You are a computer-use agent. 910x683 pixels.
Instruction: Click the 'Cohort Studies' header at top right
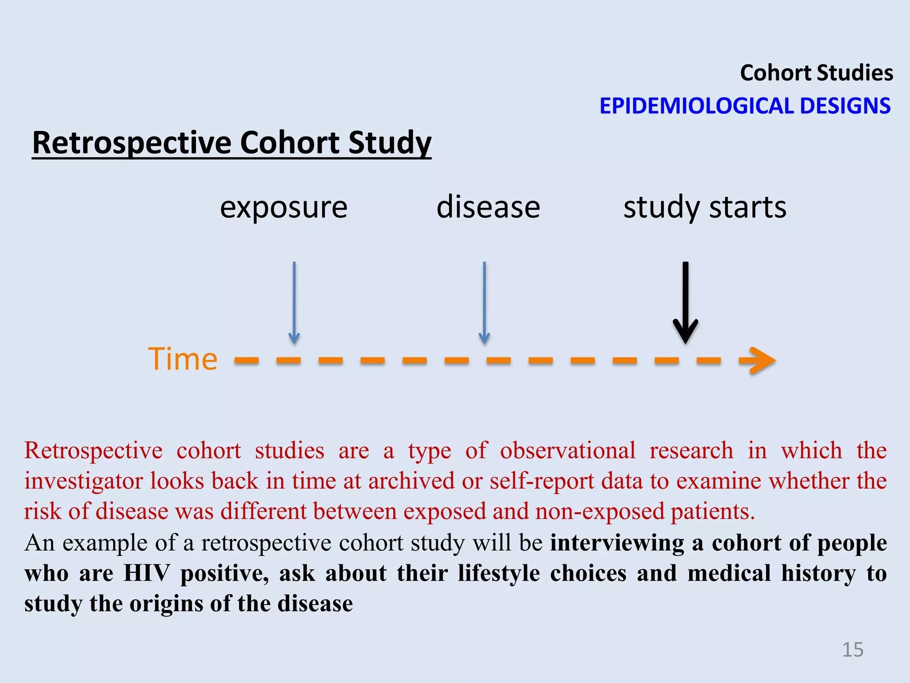pyautogui.click(x=816, y=73)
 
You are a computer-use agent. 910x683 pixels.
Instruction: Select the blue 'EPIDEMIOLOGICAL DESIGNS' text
pyautogui.click(x=745, y=106)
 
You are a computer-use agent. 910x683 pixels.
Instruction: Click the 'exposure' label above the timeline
pyautogui.click(x=283, y=208)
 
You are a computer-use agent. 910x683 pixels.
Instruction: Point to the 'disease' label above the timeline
pyautogui.click(x=488, y=208)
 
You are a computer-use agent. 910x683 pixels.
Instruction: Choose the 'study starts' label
pyautogui.click(x=705, y=208)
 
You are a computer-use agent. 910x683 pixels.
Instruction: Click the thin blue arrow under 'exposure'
pyautogui.click(x=294, y=302)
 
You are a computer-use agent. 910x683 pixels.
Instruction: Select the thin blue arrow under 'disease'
pyautogui.click(x=484, y=302)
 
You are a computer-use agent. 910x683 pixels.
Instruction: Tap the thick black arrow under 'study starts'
pyautogui.click(x=686, y=302)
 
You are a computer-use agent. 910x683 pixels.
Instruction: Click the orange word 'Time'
pyautogui.click(x=183, y=359)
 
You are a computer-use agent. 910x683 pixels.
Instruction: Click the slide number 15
pyautogui.click(x=853, y=650)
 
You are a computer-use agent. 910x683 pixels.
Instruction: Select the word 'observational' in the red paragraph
pyautogui.click(x=567, y=450)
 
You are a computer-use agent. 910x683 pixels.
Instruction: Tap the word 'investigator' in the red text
pyautogui.click(x=83, y=481)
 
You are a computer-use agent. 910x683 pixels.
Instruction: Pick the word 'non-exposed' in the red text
pyautogui.click(x=599, y=511)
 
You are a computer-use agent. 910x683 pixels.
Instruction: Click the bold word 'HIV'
pyautogui.click(x=147, y=573)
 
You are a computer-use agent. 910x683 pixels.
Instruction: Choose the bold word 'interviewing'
pyautogui.click(x=617, y=543)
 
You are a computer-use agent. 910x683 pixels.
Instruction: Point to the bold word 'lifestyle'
pyautogui.click(x=499, y=573)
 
